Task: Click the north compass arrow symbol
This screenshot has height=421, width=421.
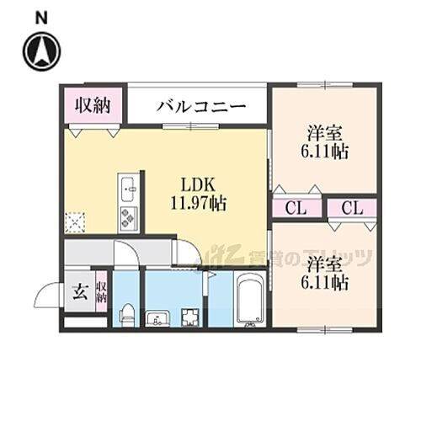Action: coord(42,51)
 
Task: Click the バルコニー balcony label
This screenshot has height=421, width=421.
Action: coord(201,108)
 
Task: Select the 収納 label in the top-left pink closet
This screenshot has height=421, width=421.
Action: coord(92,106)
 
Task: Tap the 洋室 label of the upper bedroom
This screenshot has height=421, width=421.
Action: coord(324,134)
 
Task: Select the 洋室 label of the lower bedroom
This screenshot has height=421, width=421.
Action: coord(324,264)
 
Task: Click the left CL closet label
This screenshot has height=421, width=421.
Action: coord(294,208)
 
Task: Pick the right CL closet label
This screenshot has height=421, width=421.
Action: coord(352,208)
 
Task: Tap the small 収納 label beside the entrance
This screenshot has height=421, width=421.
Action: coord(101,293)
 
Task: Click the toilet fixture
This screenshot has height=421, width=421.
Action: coord(125,313)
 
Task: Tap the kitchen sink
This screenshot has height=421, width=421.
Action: coord(128,187)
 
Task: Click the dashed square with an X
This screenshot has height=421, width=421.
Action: coord(76,221)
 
